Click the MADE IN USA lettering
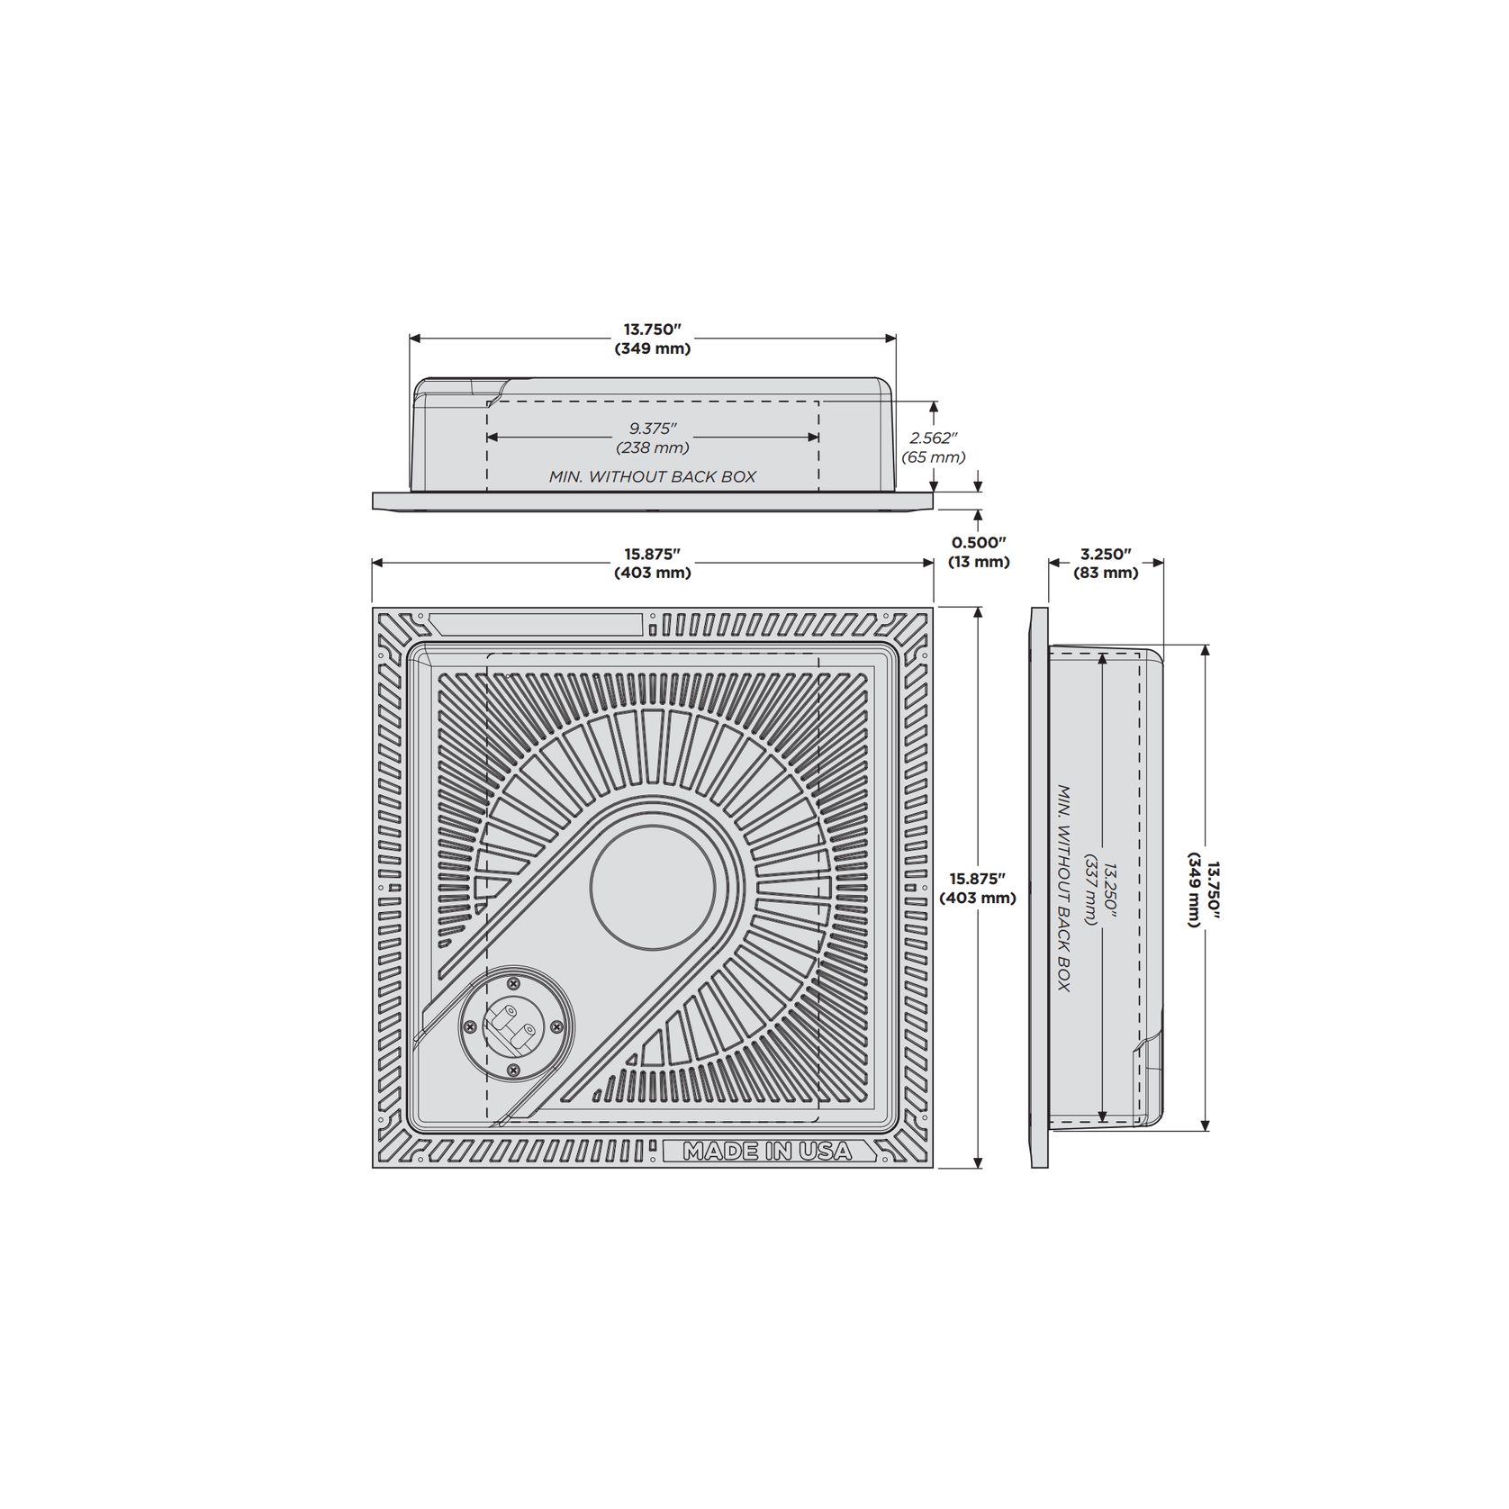coord(767,1151)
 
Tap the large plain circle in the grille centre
coord(653,888)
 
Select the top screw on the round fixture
coord(513,984)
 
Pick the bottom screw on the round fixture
coord(513,1070)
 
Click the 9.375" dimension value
coord(653,429)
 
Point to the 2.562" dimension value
coord(934,438)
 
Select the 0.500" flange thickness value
coord(979,543)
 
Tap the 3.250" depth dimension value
coord(1106,555)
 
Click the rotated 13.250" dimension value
coord(1110,890)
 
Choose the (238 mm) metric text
coord(653,447)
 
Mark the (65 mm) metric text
coord(934,457)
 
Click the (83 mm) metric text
coord(1106,573)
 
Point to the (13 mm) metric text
coord(979,562)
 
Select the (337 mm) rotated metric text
coord(1091,890)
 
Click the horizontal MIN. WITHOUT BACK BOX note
coord(653,477)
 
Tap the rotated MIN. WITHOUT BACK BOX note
coord(1064,888)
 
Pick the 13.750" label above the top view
coord(653,330)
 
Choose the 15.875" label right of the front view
coord(978,879)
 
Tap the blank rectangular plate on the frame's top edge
coord(535,624)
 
